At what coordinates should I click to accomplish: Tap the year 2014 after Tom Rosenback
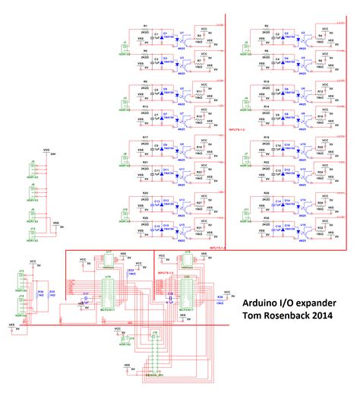[x=318, y=315]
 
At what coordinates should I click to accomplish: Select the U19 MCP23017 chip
[x=108, y=294]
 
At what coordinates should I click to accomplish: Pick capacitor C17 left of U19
[x=86, y=296]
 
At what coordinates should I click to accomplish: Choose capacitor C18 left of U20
[x=164, y=296]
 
